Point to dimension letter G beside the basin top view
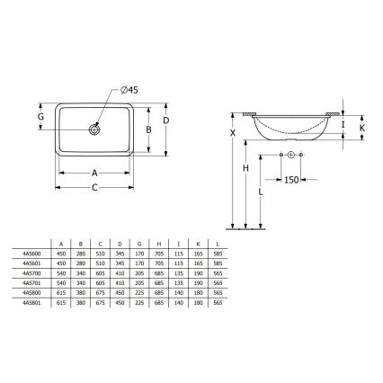(x=40, y=116)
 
